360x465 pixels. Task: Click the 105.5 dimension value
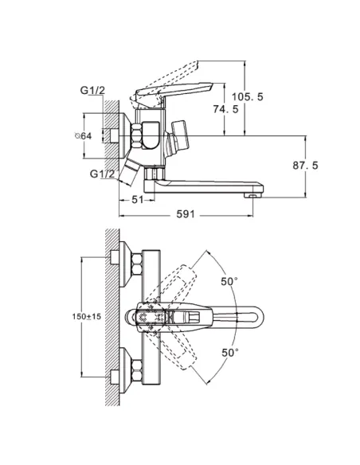pyautogui.click(x=248, y=96)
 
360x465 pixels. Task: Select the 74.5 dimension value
pyautogui.click(x=225, y=109)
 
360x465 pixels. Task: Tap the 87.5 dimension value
pyautogui.click(x=305, y=165)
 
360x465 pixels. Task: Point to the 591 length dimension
pyautogui.click(x=186, y=214)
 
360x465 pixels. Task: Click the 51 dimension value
pyautogui.click(x=137, y=200)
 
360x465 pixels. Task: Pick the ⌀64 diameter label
pyautogui.click(x=83, y=136)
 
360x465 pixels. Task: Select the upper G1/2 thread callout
pyautogui.click(x=92, y=91)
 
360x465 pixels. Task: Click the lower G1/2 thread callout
pyautogui.click(x=102, y=174)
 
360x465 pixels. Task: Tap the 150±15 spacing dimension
pyautogui.click(x=87, y=316)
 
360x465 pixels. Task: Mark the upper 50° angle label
pyautogui.click(x=229, y=281)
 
